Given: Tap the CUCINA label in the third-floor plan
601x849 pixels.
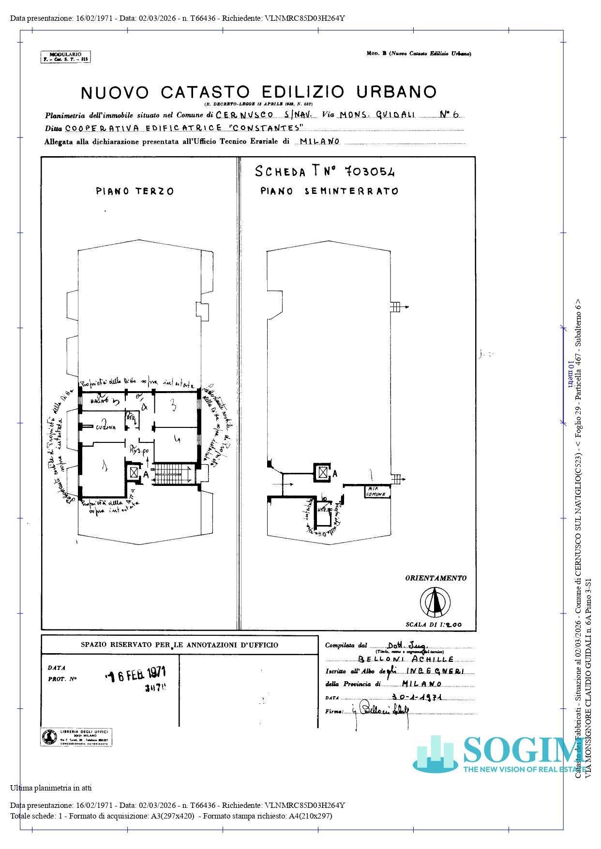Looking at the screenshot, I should (105, 428).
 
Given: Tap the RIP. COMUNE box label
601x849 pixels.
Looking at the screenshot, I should (376, 492).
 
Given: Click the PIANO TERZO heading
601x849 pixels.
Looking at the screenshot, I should (135, 191).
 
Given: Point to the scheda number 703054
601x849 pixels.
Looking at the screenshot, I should (370, 171).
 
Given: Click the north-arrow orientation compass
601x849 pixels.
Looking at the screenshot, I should (435, 601).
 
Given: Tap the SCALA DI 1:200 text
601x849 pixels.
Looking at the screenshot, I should (434, 625).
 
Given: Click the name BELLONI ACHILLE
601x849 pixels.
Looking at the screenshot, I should (406, 659).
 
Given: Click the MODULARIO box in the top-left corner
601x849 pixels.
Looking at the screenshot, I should (66, 57).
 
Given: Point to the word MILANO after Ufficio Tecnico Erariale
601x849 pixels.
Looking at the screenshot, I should (320, 142).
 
